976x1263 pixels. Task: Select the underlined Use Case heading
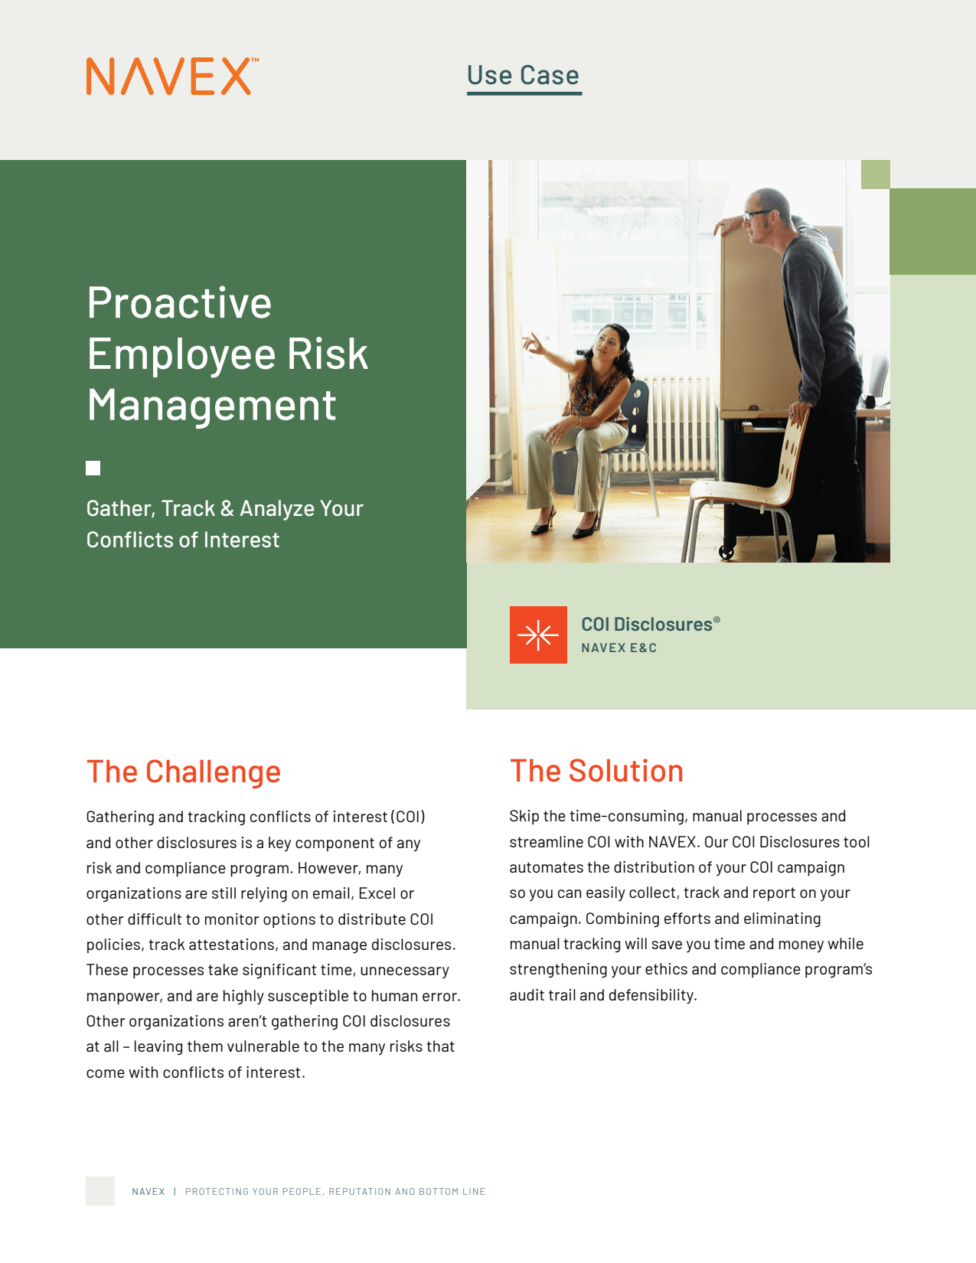524,76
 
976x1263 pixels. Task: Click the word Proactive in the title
179,303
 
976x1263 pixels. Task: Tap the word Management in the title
211,405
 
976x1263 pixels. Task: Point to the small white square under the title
93,468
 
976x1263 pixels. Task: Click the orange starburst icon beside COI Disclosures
538,635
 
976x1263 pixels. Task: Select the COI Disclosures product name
651,625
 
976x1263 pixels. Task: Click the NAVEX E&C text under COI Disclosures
619,648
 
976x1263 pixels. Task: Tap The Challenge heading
184,772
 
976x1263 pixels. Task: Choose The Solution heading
596,772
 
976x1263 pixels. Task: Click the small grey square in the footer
100,1191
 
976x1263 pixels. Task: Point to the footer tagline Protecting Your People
335,1192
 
